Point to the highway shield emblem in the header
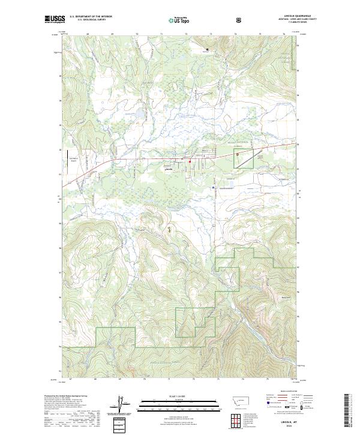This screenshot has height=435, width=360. click(240, 20)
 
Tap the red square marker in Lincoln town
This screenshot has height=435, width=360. click(190, 161)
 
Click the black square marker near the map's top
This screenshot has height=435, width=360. click(208, 49)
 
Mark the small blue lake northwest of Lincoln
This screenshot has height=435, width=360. click(139, 112)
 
